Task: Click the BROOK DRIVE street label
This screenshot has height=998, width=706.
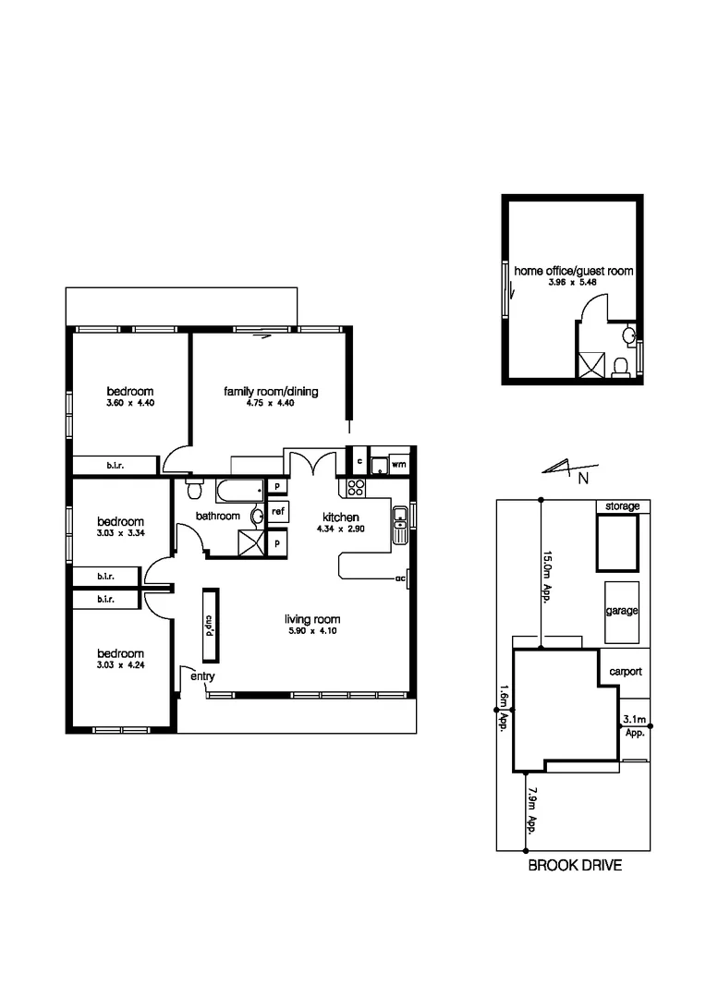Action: pos(574,866)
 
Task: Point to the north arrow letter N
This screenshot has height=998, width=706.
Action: pos(583,478)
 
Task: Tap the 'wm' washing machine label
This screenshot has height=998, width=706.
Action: pos(399,465)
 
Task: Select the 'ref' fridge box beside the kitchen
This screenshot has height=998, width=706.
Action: pos(278,510)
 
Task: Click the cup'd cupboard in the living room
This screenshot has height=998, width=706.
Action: pos(210,627)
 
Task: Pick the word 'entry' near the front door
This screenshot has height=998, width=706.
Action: pos(202,677)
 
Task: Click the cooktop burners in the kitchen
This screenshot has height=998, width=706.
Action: pos(356,489)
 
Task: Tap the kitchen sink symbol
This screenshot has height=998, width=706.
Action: pos(400,525)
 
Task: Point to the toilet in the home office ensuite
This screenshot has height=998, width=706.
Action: pos(622,366)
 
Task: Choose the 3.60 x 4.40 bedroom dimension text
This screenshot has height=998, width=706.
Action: pos(129,404)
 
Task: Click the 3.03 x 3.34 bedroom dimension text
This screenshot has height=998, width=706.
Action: pos(120,533)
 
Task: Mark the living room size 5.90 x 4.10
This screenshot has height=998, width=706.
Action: pos(313,631)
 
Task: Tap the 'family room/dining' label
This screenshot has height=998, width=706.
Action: pos(271,392)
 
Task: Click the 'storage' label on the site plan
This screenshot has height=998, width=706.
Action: pos(622,506)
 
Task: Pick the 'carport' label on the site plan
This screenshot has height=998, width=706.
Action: pos(625,672)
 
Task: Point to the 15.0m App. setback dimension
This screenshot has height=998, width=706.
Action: pos(547,572)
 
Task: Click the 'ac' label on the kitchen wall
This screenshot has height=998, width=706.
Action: pos(400,578)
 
